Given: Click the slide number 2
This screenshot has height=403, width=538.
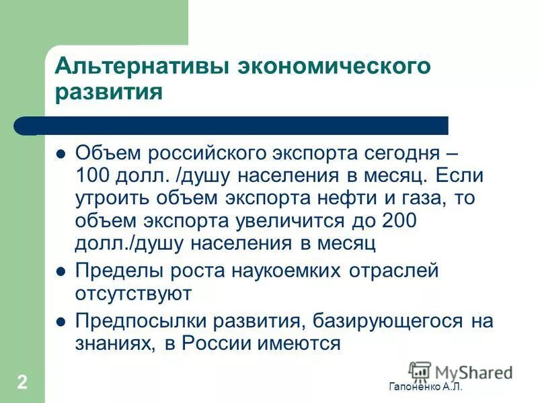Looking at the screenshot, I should click(22, 383).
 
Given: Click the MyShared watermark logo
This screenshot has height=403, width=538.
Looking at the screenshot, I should click(461, 371).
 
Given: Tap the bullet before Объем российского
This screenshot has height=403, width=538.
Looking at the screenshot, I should click(61, 152).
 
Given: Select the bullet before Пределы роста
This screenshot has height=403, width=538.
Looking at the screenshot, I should click(61, 272).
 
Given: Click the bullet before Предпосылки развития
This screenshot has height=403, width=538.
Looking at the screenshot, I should click(61, 322).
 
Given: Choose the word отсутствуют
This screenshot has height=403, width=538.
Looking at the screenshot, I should click(134, 293).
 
